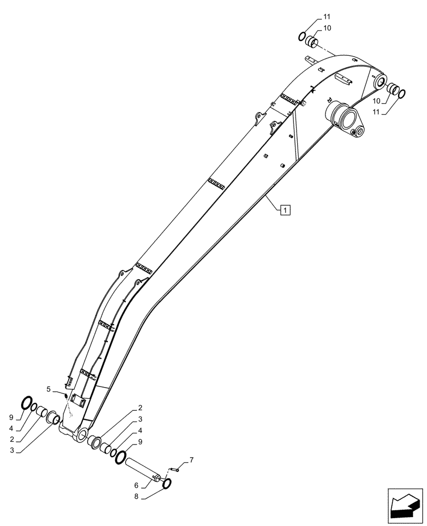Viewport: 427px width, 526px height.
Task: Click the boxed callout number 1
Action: click(284, 211)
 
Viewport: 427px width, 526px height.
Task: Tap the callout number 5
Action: click(48, 389)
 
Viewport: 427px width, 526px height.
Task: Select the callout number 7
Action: click(191, 460)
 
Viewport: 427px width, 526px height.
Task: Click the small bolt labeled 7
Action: click(176, 469)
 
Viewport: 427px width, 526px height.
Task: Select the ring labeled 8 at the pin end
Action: click(168, 484)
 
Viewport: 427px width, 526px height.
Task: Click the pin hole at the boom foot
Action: click(82, 434)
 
